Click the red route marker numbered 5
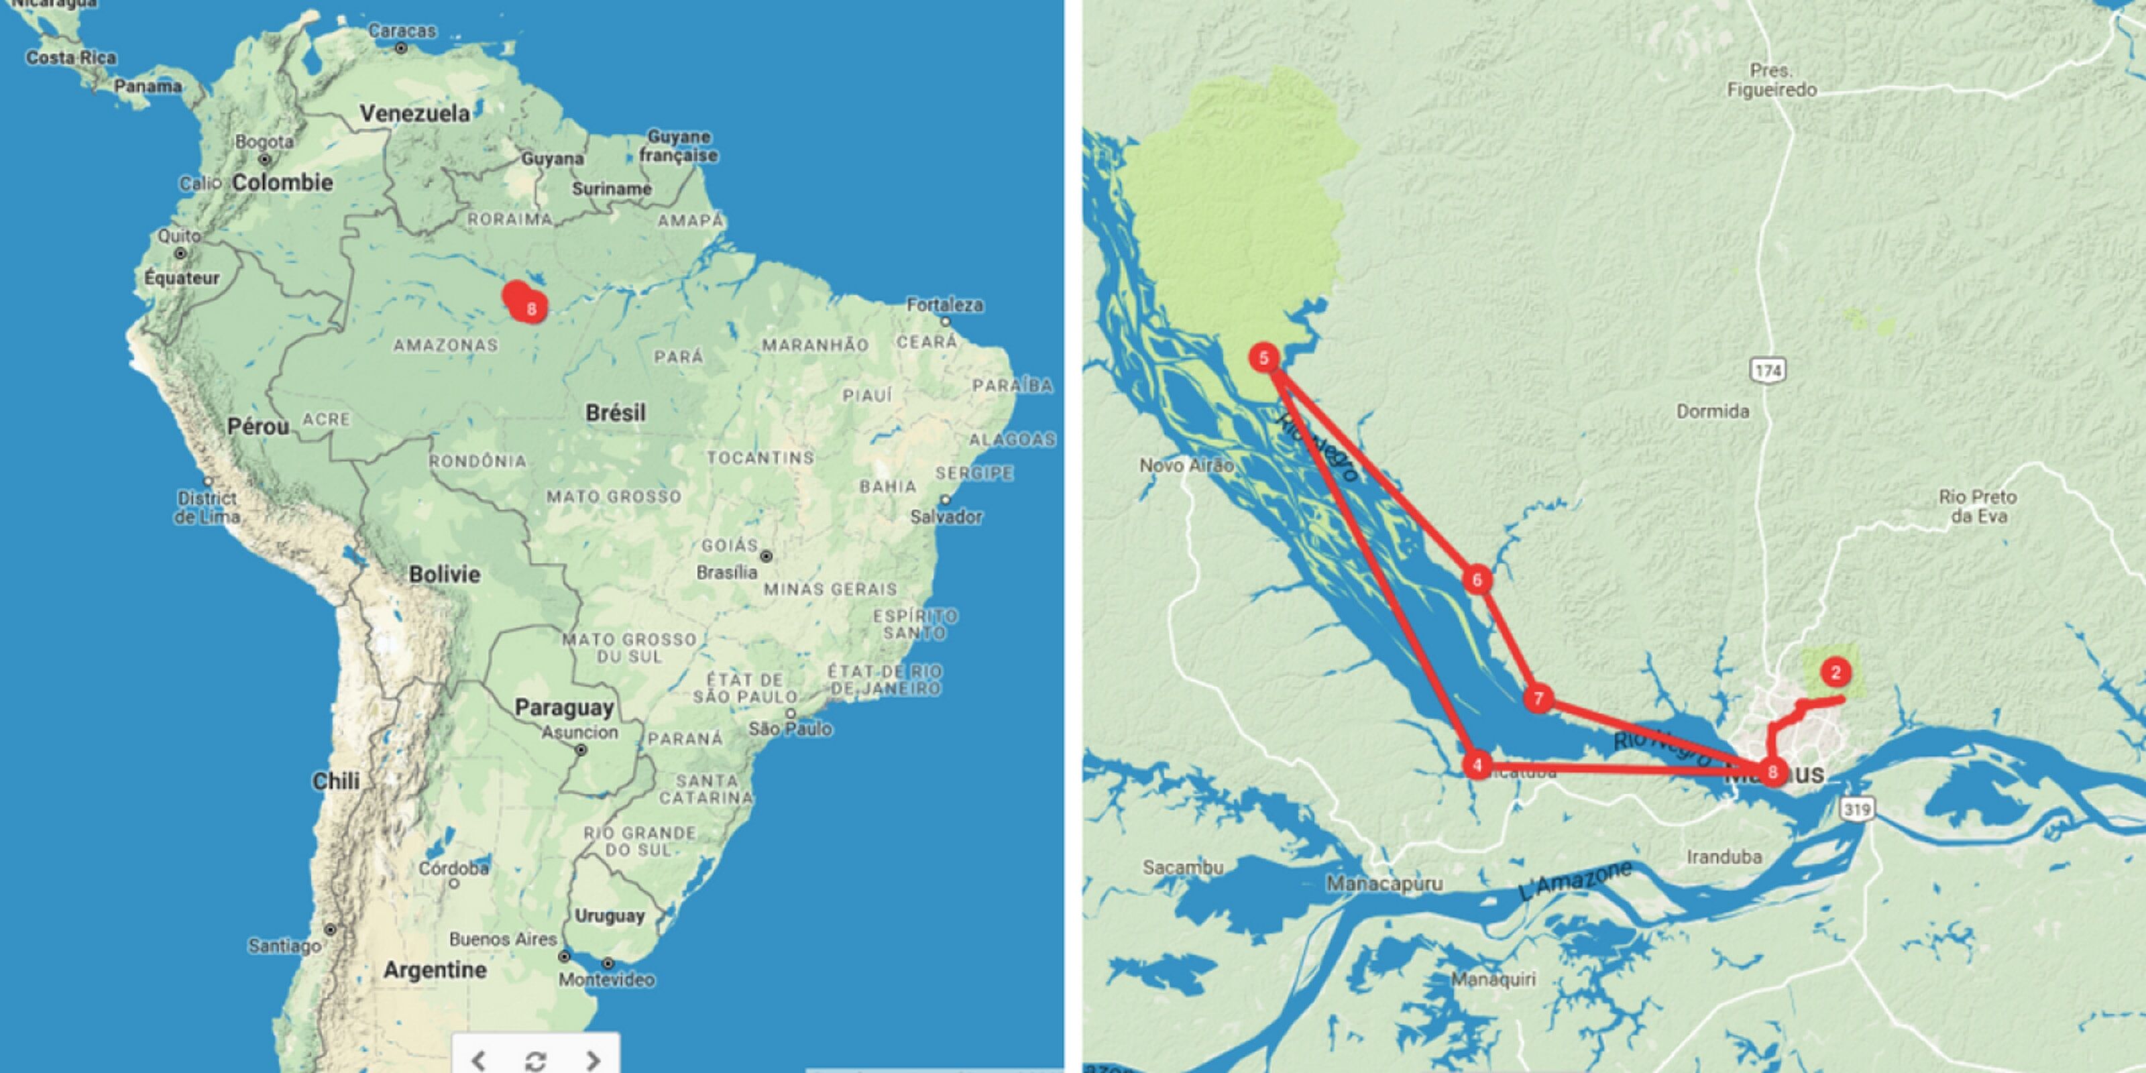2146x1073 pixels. pos(1263,358)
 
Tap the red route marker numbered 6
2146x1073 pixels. pos(1477,580)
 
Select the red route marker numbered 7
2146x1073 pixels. pos(1538,698)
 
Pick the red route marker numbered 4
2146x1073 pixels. pos(1477,765)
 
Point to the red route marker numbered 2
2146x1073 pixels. pos(1836,672)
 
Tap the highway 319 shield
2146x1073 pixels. pos(1857,808)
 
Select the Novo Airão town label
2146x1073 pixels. pos(1186,465)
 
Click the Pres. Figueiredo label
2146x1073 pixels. pos(1771,80)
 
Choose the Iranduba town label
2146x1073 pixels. pos(1724,856)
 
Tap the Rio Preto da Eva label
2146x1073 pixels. pos(1977,506)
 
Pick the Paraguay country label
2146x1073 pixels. pos(564,708)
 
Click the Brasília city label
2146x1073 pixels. pos(726,572)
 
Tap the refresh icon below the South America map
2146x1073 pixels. pos(535,1060)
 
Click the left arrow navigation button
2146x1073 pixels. pos(478,1060)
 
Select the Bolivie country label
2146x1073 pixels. pos(444,574)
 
